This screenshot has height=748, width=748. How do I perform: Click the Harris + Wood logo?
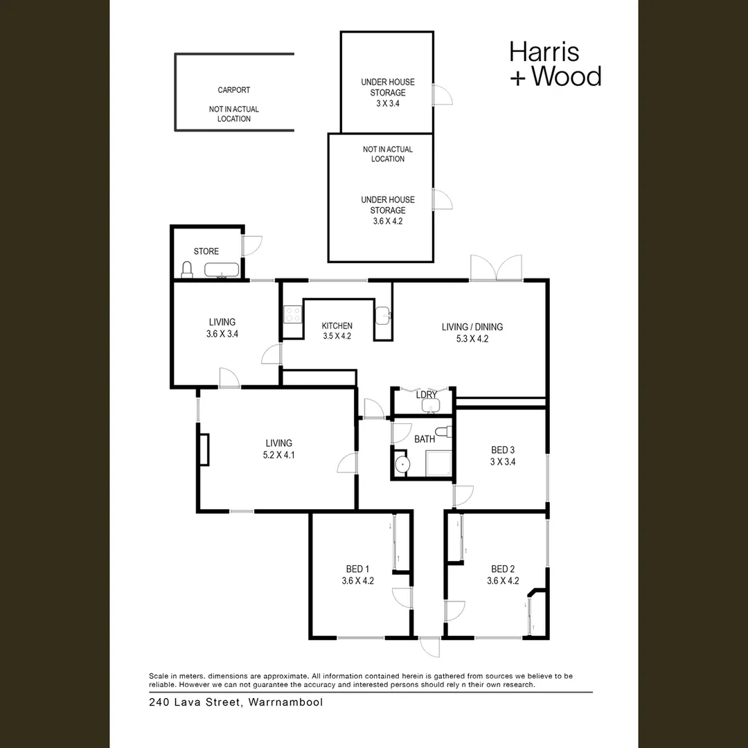(x=555, y=64)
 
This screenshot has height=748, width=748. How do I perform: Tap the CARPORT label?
(x=234, y=90)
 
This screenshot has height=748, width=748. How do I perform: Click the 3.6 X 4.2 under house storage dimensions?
(x=387, y=221)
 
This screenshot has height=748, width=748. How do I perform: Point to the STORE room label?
(x=206, y=251)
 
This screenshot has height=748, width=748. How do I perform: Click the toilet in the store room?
(x=186, y=269)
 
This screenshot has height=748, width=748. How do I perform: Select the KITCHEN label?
(x=337, y=326)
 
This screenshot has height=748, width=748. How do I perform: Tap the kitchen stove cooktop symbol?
(x=292, y=315)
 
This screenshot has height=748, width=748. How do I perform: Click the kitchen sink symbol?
(x=383, y=316)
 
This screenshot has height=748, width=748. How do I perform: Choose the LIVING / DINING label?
(x=472, y=327)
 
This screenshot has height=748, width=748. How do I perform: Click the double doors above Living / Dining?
(x=496, y=269)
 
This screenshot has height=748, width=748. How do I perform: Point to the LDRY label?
(x=427, y=395)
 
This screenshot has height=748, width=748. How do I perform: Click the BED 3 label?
(x=503, y=450)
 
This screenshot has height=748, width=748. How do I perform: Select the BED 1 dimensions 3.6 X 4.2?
(x=357, y=581)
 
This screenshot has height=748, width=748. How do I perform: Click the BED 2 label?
(x=503, y=569)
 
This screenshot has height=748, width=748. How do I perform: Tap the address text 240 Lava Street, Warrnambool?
(x=236, y=702)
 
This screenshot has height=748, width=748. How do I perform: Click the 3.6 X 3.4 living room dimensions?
(x=222, y=334)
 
